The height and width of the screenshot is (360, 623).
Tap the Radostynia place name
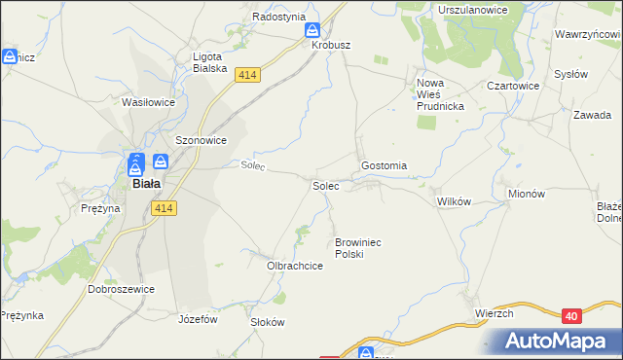pyautogui.click(x=279, y=17)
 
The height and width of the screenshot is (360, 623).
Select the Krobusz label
pyautogui.click(x=330, y=46)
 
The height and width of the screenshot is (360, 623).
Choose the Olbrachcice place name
pyautogui.click(x=295, y=265)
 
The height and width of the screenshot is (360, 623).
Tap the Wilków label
pyautogui.click(x=455, y=201)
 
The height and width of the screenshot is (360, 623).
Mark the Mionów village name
pyautogui.click(x=527, y=194)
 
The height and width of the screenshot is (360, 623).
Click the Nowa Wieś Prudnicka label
pyautogui.click(x=441, y=94)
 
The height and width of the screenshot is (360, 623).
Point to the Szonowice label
pyautogui.click(x=201, y=140)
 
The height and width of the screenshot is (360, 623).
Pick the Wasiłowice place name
pyautogui.click(x=148, y=101)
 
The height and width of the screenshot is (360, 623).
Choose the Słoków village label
pyautogui.click(x=267, y=322)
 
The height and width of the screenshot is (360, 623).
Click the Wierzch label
pyautogui.click(x=495, y=313)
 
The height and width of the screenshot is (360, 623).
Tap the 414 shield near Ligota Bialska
pyautogui.click(x=249, y=74)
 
